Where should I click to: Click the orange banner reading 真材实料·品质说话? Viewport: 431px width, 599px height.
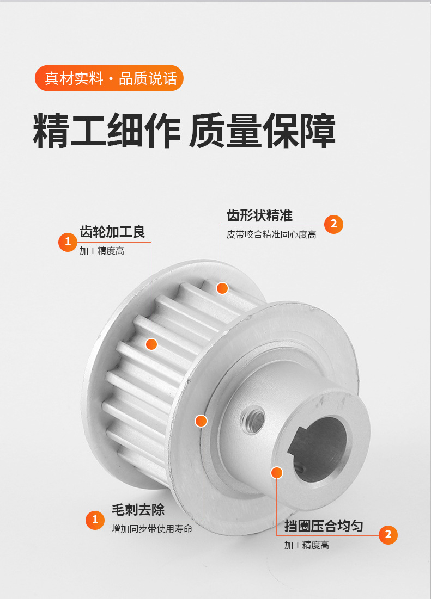point(109,78)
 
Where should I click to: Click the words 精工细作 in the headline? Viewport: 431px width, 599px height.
point(106,131)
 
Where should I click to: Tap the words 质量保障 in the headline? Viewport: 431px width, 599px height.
point(262,131)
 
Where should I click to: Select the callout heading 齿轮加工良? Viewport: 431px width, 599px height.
point(112,232)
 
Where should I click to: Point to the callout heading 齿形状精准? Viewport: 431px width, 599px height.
point(259,215)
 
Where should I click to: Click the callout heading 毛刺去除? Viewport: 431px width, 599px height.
point(138,510)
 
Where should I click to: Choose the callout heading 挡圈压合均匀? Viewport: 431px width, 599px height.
point(324,526)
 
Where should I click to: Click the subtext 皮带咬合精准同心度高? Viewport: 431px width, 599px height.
point(271,234)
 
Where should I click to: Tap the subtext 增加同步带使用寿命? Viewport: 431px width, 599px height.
point(152,528)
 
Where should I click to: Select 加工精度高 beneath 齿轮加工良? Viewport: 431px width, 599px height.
point(102,251)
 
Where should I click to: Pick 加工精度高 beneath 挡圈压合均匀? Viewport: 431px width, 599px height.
point(307,545)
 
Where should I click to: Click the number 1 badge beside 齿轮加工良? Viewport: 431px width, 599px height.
point(68,242)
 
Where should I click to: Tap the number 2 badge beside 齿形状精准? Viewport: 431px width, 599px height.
point(333,224)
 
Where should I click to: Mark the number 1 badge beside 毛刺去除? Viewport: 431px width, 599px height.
point(95,520)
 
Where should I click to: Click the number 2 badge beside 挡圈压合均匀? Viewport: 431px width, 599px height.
point(388,535)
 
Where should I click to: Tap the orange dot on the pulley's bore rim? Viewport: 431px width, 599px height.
point(277,472)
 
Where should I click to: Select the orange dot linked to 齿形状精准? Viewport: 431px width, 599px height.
point(222,288)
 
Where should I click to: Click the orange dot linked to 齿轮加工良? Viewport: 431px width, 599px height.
point(151,344)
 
